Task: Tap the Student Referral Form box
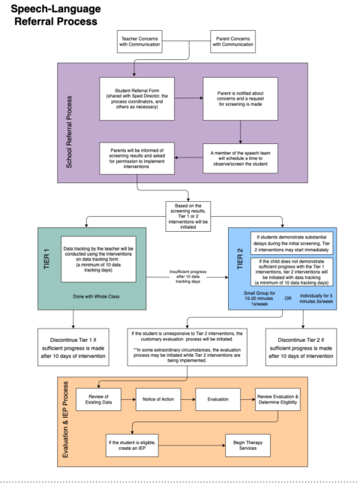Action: [135, 97]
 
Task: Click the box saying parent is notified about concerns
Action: [240, 97]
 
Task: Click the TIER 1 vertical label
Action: [47, 259]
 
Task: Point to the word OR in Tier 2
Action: [287, 298]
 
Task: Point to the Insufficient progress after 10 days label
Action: [187, 275]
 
